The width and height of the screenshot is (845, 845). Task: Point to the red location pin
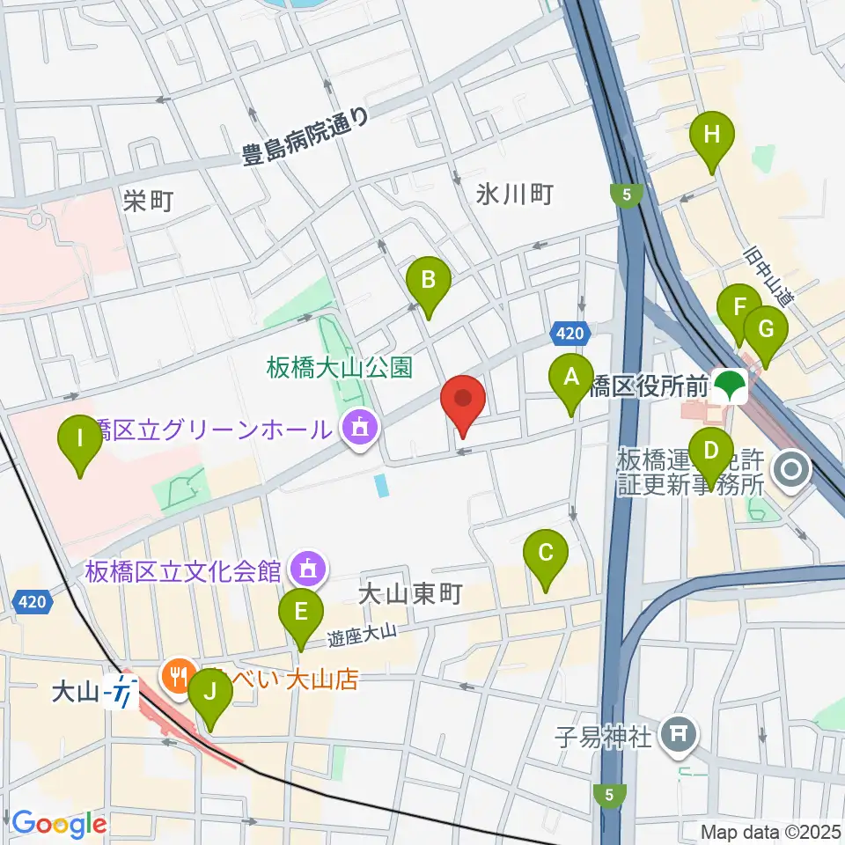462,403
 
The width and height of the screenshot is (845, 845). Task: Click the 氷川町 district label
514,194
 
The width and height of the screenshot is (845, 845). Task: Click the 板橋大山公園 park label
340,367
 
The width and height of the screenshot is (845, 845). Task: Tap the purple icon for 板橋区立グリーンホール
357,429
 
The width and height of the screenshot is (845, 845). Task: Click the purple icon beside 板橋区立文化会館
307,570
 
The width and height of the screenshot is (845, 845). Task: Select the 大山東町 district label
411,596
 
